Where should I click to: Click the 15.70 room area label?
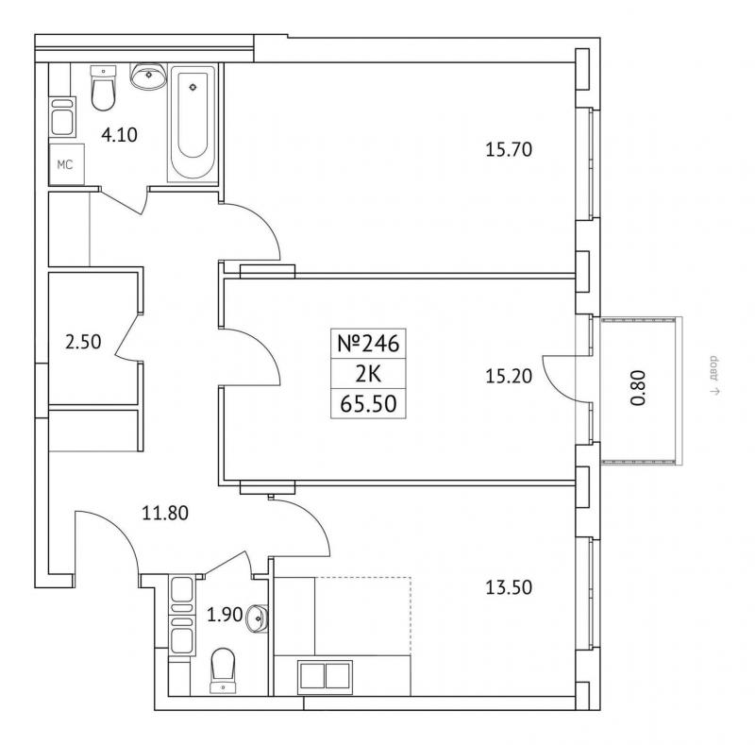[509, 150]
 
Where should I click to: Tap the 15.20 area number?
[509, 377]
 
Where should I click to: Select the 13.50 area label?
[509, 587]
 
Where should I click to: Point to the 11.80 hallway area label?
[164, 514]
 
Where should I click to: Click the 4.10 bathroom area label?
[119, 135]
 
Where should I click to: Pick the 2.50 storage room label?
[83, 342]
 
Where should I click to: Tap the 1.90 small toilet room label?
[225, 615]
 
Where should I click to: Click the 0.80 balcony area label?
[638, 387]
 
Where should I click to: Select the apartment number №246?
[368, 344]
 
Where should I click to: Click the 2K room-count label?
[368, 374]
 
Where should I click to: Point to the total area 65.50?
[368, 404]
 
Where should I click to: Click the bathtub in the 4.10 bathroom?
[193, 124]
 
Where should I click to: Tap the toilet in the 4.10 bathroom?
[104, 88]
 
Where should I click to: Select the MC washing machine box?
[66, 164]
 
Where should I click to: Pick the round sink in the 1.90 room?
[257, 618]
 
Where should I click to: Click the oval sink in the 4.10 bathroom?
[149, 76]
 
